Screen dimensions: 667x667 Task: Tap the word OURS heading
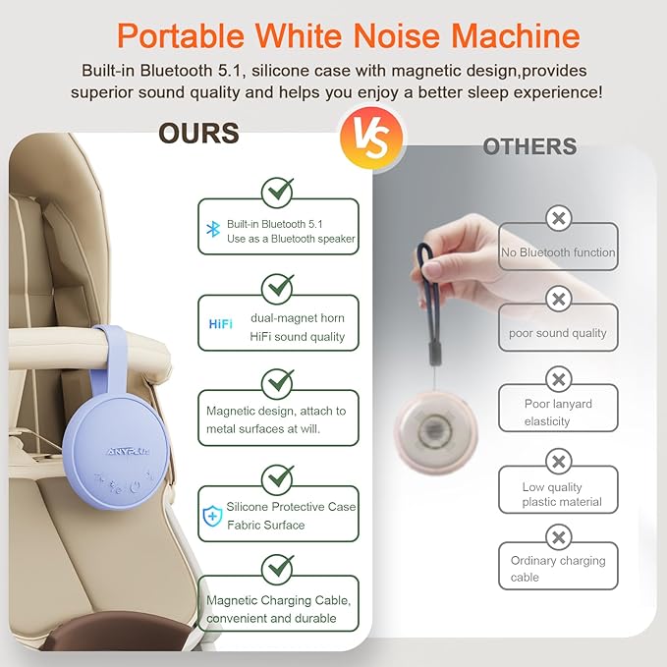[198, 134]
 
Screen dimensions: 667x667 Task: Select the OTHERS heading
[529, 147]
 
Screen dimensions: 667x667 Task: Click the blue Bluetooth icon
[211, 229]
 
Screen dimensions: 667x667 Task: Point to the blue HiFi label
[221, 324]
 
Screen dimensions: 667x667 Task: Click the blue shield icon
[211, 515]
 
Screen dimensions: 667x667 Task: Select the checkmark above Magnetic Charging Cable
[278, 567]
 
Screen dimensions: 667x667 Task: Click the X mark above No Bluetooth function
[558, 218]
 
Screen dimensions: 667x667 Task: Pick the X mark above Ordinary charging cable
[558, 537]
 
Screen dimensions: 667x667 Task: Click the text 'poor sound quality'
[558, 333]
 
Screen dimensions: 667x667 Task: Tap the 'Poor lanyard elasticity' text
[557, 413]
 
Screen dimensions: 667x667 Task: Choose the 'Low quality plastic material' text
[560, 494]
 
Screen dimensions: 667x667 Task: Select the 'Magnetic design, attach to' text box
[278, 419]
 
